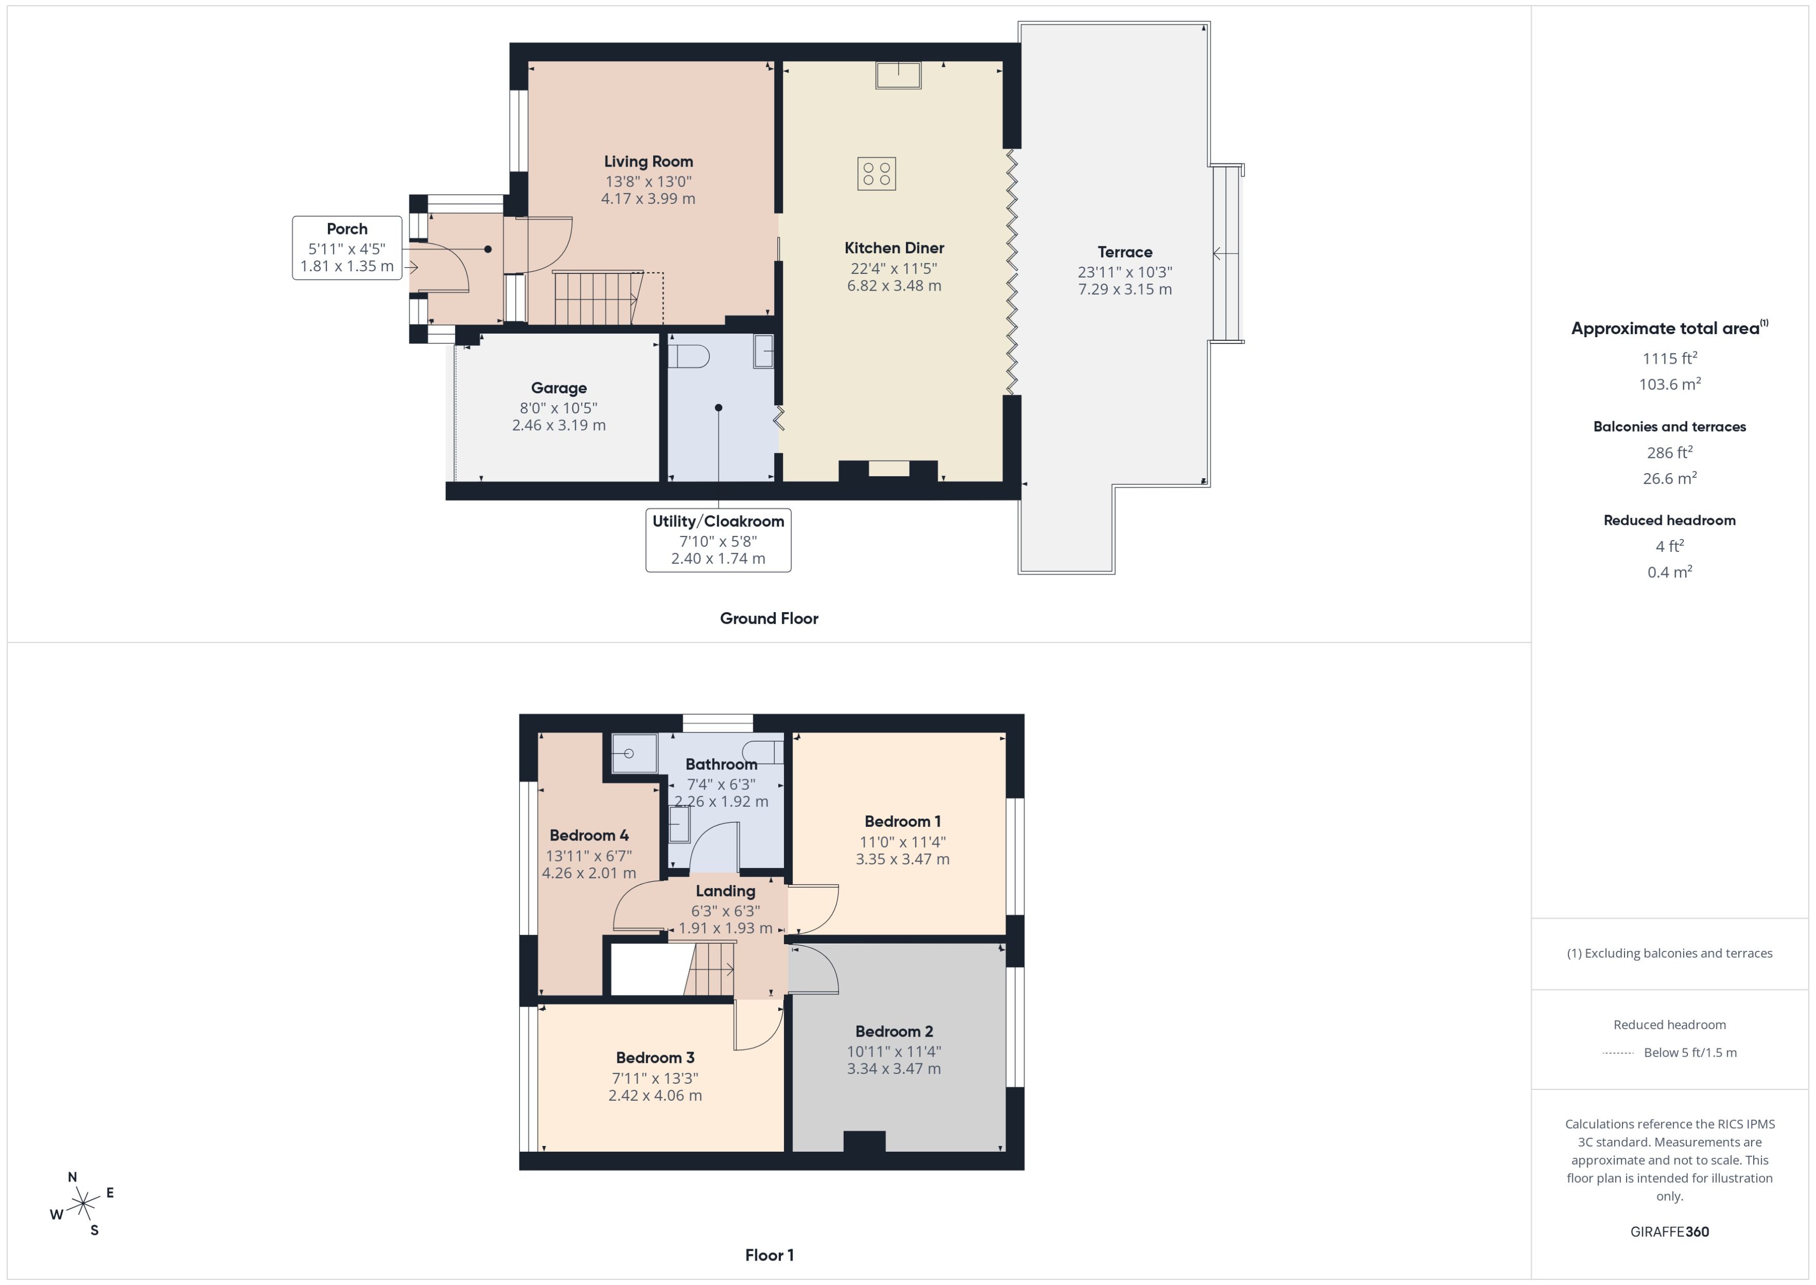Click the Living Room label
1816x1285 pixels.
[x=648, y=161]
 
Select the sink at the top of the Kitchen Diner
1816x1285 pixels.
[x=898, y=75]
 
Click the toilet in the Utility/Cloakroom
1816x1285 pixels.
[x=689, y=356]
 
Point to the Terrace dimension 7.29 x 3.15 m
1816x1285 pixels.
[x=1124, y=289]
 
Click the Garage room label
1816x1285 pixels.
[x=559, y=388]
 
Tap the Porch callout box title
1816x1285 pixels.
[x=347, y=229]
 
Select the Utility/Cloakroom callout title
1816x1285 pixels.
[x=718, y=521]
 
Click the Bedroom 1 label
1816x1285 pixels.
[x=902, y=821]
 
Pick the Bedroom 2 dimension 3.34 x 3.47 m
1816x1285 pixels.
[x=893, y=1069]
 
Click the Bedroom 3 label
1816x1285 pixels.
[x=655, y=1058]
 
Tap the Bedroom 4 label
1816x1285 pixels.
[x=589, y=836]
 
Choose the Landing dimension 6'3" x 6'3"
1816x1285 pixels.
[x=725, y=911]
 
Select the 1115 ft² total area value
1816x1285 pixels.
[x=1669, y=358]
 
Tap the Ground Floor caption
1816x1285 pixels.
[x=768, y=619]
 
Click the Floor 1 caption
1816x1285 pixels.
[x=768, y=1255]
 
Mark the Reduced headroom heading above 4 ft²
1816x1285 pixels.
[x=1669, y=521]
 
